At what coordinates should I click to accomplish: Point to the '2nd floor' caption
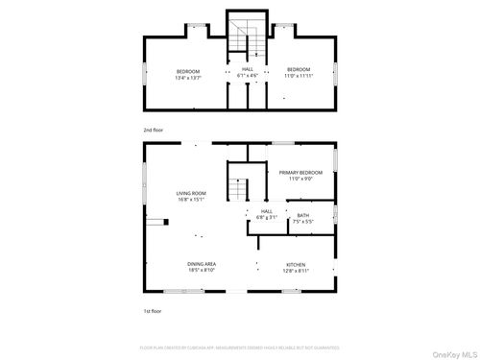point(153,128)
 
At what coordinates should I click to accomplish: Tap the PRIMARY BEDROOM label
point(300,174)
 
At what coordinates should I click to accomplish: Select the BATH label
point(302,215)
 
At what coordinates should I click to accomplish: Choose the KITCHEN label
point(296,266)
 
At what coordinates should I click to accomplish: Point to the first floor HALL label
point(266,211)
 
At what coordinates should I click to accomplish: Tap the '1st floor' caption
point(152,312)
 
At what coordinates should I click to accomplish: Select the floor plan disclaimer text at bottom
point(240,348)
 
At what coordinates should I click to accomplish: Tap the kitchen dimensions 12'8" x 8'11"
point(296,272)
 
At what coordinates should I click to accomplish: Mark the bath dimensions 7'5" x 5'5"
point(302,221)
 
